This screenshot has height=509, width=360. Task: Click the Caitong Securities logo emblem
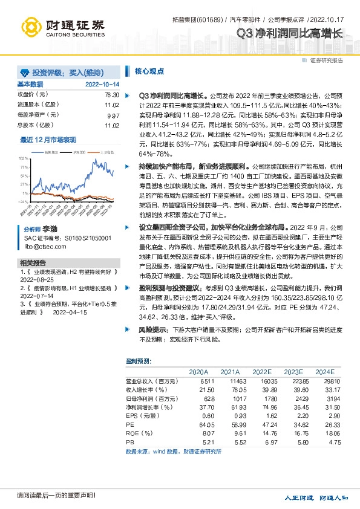(31, 26)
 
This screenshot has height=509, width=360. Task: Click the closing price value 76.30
(111, 95)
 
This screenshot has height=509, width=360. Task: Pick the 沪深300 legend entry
(77, 152)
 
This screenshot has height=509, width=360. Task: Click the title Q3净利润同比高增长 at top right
(289, 34)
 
